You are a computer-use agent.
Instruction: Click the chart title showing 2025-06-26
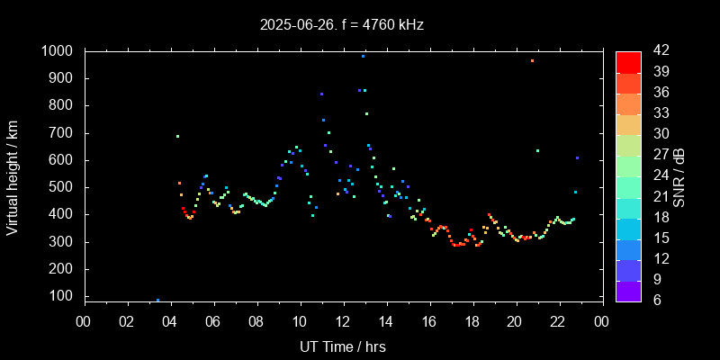pyautogui.click(x=342, y=24)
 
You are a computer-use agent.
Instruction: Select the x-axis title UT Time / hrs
pyautogui.click(x=342, y=346)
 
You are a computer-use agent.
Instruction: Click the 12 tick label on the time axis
pyautogui.click(x=343, y=321)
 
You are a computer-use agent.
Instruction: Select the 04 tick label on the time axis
pyautogui.click(x=170, y=321)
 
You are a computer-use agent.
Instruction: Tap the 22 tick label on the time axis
pyautogui.click(x=558, y=321)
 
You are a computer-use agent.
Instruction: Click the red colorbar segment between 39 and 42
pyautogui.click(x=628, y=61)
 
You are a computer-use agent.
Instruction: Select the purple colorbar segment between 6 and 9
pyautogui.click(x=628, y=290)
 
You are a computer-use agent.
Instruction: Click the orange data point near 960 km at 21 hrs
pyautogui.click(x=533, y=60)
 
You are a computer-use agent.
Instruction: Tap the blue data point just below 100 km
pyautogui.click(x=157, y=300)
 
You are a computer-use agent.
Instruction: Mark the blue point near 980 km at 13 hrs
pyautogui.click(x=363, y=56)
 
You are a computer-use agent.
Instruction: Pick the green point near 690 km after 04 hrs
pyautogui.click(x=177, y=136)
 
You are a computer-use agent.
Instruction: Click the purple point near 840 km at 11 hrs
pyautogui.click(x=321, y=94)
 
